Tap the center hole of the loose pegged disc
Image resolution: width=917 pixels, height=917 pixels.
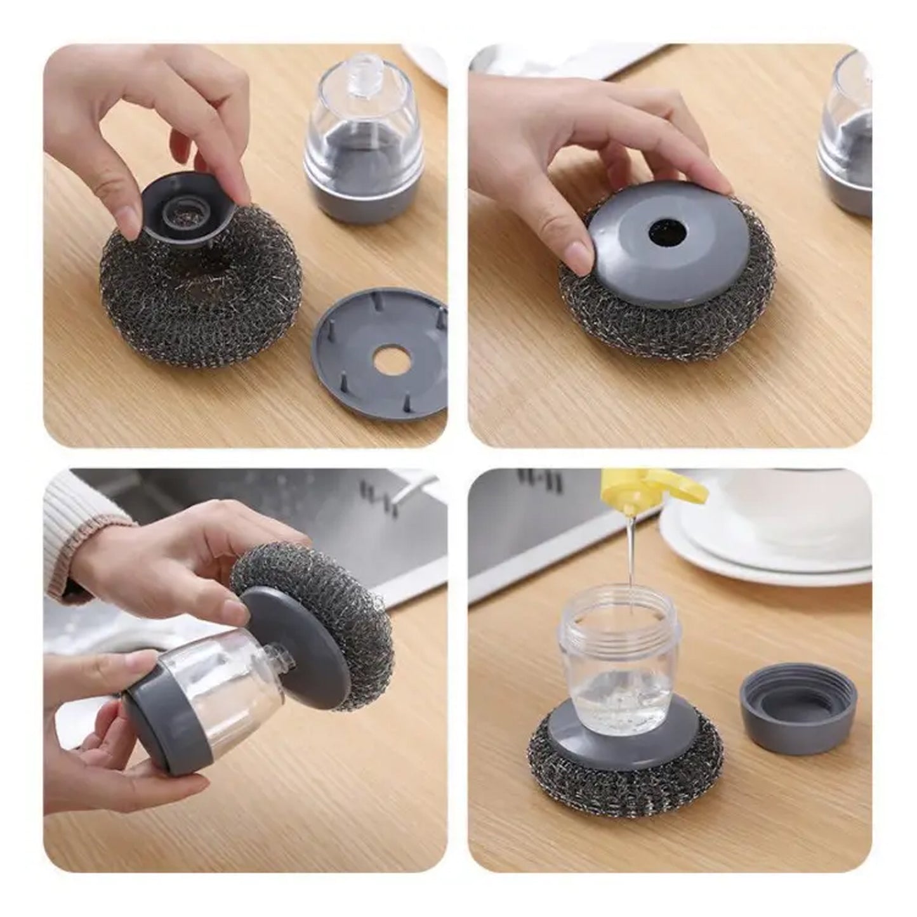[389, 363]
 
